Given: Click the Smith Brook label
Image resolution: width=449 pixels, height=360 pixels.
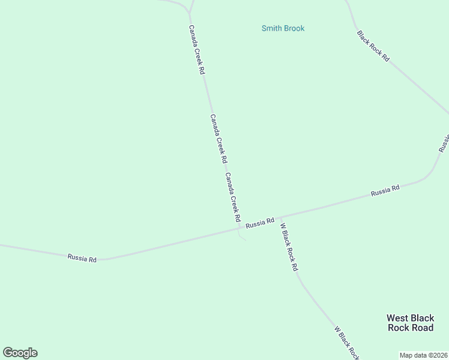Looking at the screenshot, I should (283, 28).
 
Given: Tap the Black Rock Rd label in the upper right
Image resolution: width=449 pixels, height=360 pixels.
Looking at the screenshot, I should (373, 46).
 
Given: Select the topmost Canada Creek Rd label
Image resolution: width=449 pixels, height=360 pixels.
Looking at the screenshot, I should (197, 49).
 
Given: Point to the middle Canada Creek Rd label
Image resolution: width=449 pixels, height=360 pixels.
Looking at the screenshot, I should (218, 139).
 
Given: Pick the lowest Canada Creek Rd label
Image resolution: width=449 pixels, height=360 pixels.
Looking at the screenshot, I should (233, 198).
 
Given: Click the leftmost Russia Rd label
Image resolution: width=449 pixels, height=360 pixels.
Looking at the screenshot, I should (82, 258).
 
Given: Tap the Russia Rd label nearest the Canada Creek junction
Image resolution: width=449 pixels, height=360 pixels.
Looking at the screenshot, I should (260, 223).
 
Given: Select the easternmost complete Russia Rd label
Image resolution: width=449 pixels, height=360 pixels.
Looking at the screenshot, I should (385, 191).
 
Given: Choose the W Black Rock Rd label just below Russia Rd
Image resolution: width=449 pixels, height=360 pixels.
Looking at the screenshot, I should (289, 247).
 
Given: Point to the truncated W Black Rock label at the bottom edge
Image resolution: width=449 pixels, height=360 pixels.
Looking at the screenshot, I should (346, 343).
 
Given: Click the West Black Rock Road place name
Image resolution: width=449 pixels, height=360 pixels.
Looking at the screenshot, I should (410, 323).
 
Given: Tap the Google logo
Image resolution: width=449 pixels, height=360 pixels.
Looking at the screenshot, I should (20, 353).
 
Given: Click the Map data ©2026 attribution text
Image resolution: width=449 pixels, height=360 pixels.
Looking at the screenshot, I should (423, 355).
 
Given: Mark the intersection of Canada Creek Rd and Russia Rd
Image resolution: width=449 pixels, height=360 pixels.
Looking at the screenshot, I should (238, 228).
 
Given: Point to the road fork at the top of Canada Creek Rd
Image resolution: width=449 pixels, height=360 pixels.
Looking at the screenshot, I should (190, 12).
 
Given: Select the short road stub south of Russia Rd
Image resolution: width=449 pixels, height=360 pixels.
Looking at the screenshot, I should (242, 236).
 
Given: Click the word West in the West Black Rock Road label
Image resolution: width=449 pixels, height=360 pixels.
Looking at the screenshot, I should (398, 318).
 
